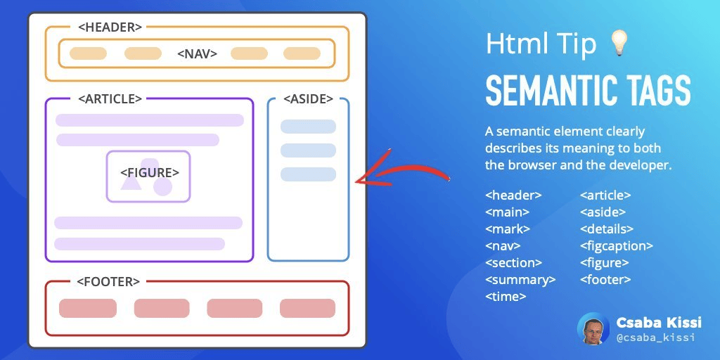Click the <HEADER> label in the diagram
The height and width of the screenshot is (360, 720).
(110, 27)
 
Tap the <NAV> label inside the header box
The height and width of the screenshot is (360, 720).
(197, 53)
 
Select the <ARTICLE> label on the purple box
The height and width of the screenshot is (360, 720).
(110, 99)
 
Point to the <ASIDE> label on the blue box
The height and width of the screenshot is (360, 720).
(308, 99)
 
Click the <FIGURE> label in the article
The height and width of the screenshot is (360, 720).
(149, 172)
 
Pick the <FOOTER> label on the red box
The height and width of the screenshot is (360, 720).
(108, 282)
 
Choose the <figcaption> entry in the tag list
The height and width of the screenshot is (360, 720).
(617, 246)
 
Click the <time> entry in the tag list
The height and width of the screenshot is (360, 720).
(506, 297)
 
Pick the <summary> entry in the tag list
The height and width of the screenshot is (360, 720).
(520, 280)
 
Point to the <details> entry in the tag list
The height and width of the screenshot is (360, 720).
(607, 229)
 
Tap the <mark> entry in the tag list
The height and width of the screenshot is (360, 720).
(508, 229)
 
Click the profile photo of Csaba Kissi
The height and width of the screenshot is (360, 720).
(593, 328)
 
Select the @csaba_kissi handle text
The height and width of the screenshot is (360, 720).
(655, 337)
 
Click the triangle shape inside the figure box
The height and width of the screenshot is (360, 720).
(130, 183)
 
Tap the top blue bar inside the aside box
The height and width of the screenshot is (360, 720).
(308, 127)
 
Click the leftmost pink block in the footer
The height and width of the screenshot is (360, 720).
(88, 308)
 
